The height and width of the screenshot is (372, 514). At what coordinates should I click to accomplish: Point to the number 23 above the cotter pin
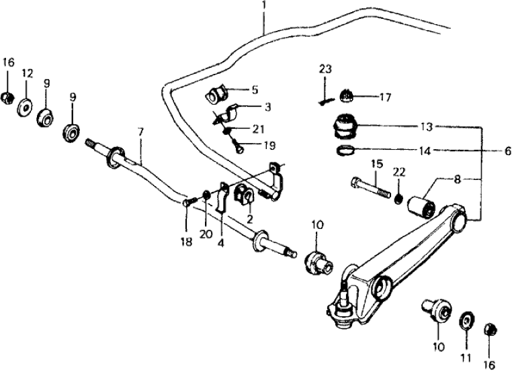coord(326,69)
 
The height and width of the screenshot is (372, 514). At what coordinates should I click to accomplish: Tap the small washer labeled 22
coord(399,198)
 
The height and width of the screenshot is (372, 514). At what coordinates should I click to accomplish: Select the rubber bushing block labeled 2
coord(243,196)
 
